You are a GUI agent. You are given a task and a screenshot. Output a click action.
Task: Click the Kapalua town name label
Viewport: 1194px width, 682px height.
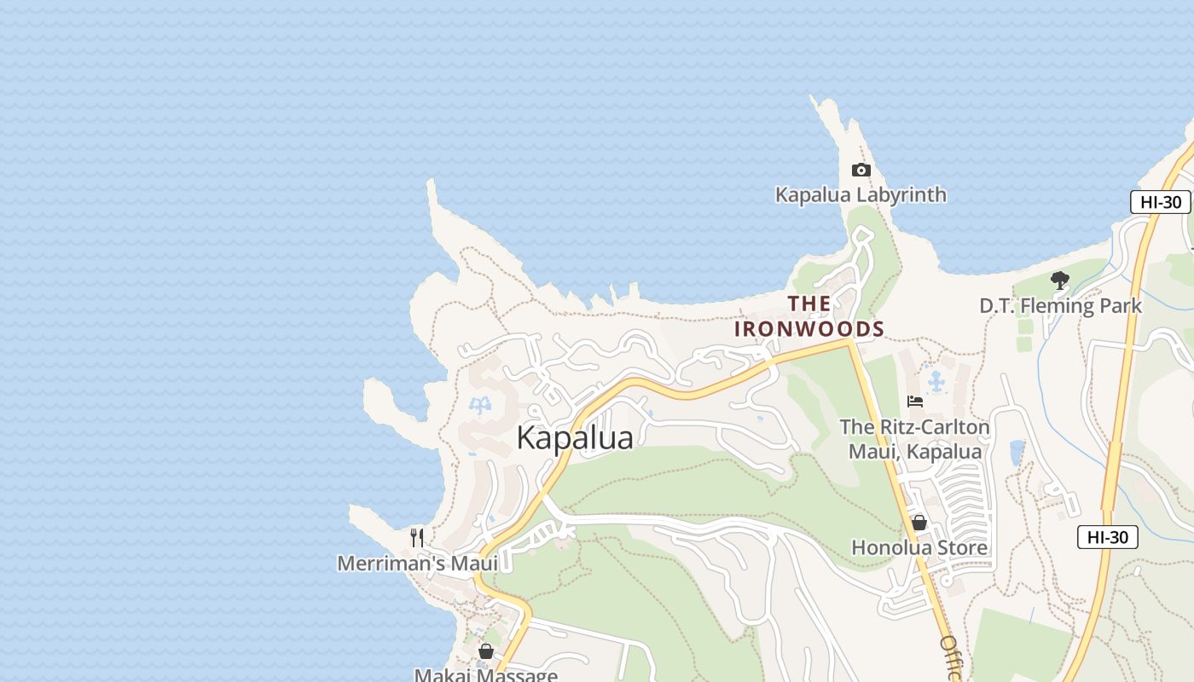(x=575, y=438)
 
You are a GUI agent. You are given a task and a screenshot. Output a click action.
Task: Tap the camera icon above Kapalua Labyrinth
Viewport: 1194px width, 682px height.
(x=861, y=170)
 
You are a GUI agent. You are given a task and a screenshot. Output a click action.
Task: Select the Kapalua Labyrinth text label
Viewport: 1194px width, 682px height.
(x=861, y=195)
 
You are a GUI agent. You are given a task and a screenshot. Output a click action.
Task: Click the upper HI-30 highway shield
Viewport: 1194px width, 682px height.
(x=1160, y=202)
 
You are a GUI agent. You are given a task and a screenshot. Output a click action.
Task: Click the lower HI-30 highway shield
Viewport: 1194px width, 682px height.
(x=1107, y=537)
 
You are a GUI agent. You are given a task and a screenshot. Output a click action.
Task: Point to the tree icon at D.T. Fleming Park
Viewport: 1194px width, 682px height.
(x=1059, y=280)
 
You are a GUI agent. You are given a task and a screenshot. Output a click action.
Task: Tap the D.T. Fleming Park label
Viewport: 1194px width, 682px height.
(x=1060, y=305)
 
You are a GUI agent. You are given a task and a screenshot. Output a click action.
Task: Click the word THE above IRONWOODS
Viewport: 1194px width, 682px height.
(x=809, y=303)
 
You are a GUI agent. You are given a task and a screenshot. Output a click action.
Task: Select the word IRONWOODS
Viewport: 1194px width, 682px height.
(x=809, y=329)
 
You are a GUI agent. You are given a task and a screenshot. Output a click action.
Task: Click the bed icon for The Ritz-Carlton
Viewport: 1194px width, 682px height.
(x=915, y=402)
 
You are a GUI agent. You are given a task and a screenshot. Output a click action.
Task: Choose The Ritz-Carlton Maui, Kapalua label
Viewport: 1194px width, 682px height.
(x=915, y=439)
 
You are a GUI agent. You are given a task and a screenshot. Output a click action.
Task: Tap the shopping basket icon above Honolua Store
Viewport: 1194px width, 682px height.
(x=919, y=523)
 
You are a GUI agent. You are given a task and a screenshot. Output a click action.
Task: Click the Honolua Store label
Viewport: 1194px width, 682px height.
(x=919, y=547)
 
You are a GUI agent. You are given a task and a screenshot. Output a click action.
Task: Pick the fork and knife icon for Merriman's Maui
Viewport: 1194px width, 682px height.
(x=417, y=537)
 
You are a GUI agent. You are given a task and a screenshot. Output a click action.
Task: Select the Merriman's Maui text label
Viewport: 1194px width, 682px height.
(x=417, y=564)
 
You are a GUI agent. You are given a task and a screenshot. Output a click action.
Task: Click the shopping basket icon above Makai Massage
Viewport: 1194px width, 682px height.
(x=486, y=652)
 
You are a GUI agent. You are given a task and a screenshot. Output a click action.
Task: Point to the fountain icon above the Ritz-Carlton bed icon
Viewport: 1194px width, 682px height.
(x=936, y=381)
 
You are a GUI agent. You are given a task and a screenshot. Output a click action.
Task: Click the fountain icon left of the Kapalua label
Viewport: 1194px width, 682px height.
(x=481, y=405)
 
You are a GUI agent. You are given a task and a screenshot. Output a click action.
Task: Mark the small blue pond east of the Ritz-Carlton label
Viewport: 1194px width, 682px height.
(x=1017, y=453)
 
